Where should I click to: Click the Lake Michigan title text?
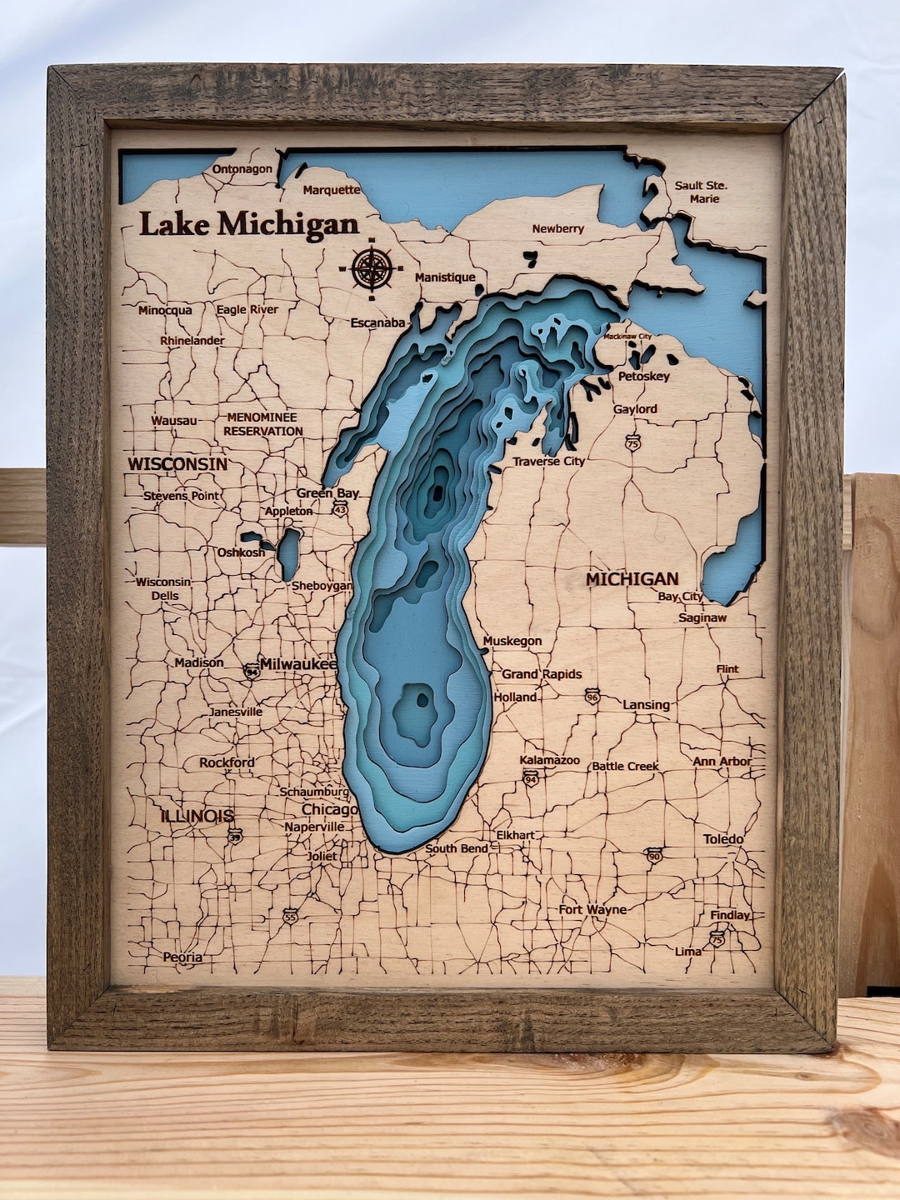click(x=248, y=225)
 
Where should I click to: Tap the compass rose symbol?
click(x=372, y=268)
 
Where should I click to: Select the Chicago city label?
click(x=329, y=809)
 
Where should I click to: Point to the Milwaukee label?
click(x=298, y=664)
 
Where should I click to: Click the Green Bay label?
click(x=327, y=492)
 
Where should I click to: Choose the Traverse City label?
click(x=548, y=461)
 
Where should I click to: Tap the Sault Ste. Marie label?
click(x=701, y=192)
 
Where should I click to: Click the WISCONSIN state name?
click(x=177, y=464)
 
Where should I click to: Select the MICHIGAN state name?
click(x=632, y=578)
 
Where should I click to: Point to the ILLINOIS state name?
click(x=197, y=815)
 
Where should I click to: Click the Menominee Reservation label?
click(x=262, y=424)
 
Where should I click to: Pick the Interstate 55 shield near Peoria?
click(x=289, y=916)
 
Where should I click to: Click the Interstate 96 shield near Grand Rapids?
click(x=592, y=696)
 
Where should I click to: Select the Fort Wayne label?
click(x=592, y=909)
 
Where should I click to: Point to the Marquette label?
click(x=332, y=190)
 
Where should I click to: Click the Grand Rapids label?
click(x=542, y=673)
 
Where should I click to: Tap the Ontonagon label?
click(x=242, y=169)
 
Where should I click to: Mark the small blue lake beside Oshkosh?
click(x=288, y=552)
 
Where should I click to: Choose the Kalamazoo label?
click(x=549, y=760)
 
